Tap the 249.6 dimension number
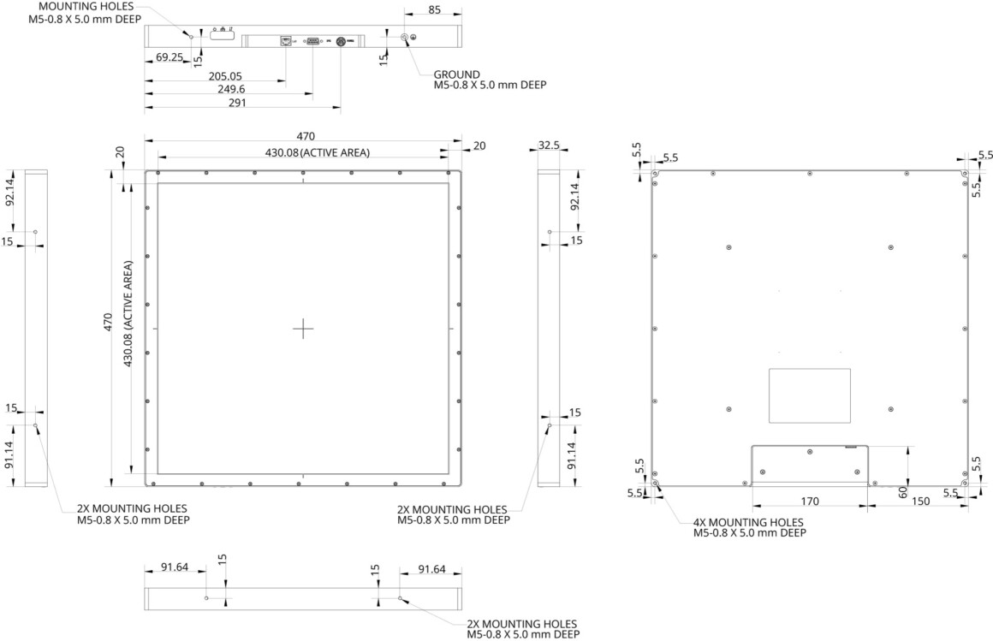227,89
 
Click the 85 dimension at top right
434,10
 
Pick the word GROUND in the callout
456,74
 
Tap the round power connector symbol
340,40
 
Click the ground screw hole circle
405,38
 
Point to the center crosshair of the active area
303,329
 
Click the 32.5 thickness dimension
549,145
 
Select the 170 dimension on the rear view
810,501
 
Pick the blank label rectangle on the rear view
809,395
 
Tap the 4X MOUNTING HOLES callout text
748,522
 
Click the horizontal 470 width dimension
306,136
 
